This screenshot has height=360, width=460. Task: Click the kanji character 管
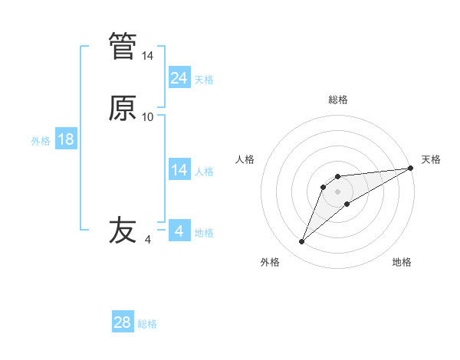[123, 46]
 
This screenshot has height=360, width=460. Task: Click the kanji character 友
[123, 231]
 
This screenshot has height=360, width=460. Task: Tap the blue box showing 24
[179, 78]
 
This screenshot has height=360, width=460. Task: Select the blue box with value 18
[66, 140]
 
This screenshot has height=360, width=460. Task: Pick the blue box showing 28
[123, 322]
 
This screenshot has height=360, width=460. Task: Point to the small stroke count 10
[148, 117]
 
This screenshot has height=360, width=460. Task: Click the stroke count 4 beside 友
[148, 240]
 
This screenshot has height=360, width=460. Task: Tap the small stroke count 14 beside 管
[148, 56]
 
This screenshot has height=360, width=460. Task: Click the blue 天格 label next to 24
[204, 80]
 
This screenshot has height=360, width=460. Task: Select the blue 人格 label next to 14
[204, 172]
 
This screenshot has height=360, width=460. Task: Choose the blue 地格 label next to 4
[204, 233]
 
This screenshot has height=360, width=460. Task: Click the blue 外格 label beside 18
[41, 141]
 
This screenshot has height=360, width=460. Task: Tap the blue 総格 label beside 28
[147, 324]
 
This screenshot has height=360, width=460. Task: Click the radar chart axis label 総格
[337, 100]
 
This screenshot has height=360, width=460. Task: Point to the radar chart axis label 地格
[402, 262]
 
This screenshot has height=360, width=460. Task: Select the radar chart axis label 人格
[245, 159]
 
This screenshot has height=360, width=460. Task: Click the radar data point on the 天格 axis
[411, 168]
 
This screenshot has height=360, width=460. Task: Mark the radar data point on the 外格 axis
[301, 242]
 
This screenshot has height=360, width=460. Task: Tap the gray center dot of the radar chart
[337, 191]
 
